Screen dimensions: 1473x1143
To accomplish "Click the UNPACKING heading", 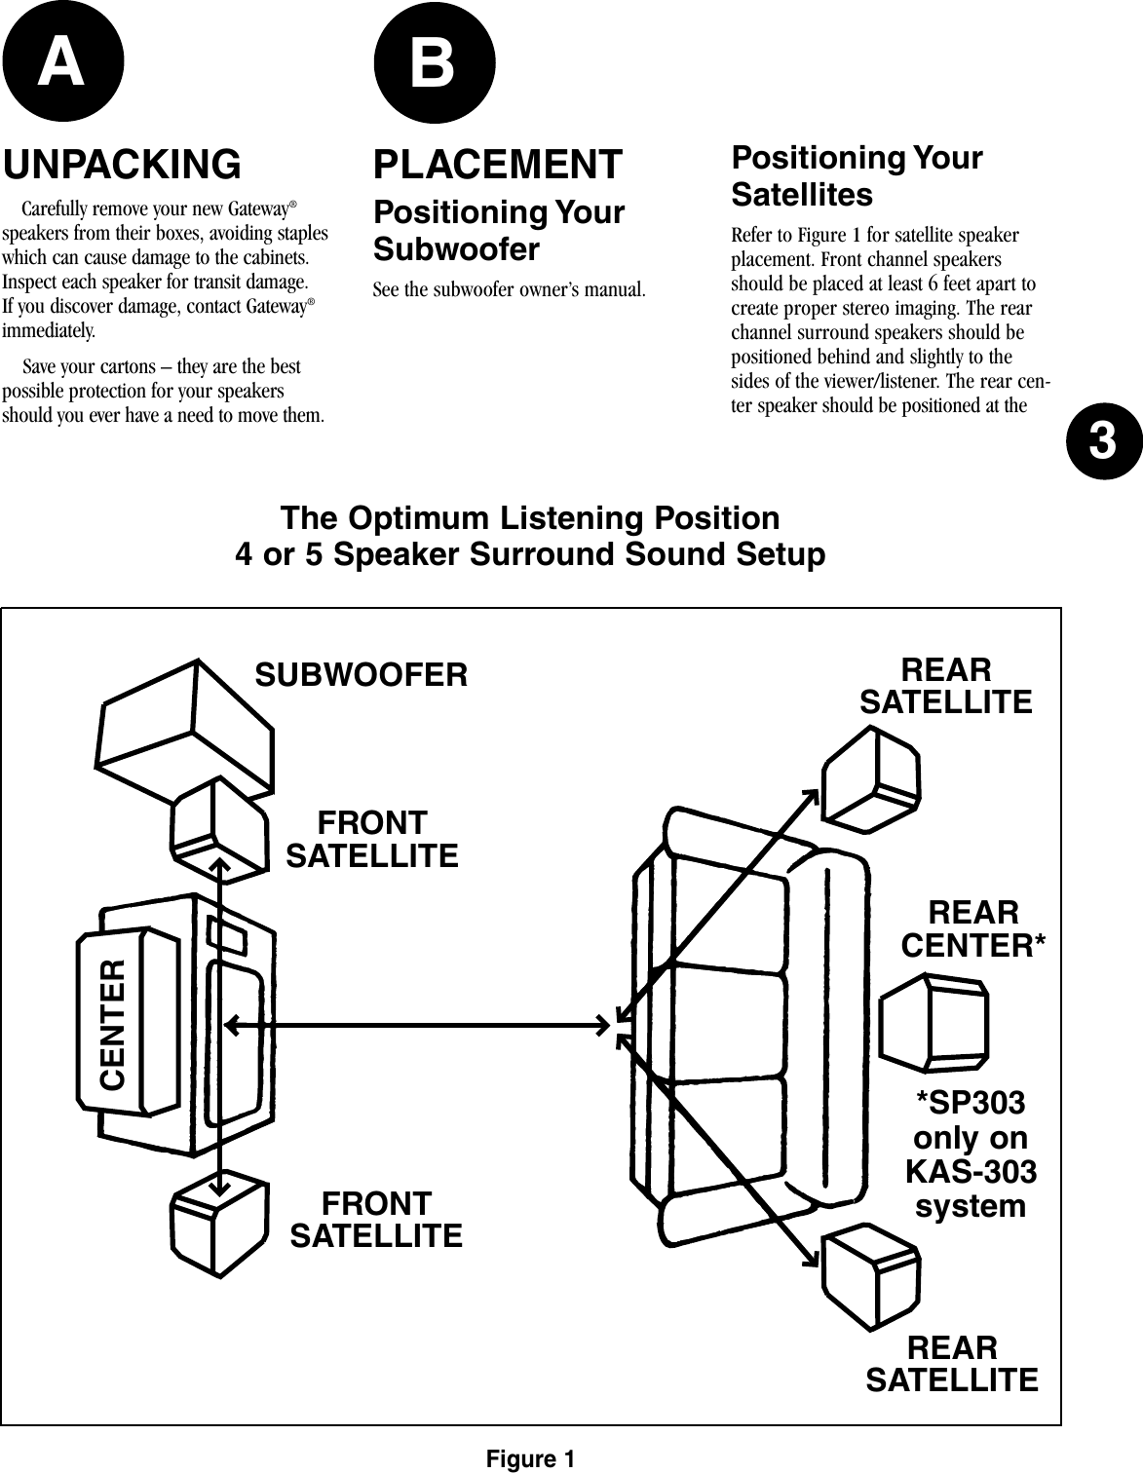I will [123, 165].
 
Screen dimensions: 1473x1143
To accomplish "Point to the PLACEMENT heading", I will [497, 165].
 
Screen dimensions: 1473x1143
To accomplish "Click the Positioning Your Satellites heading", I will [857, 176].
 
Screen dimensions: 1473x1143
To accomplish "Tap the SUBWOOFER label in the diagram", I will [361, 674].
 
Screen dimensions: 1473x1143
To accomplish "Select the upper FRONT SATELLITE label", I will [371, 840].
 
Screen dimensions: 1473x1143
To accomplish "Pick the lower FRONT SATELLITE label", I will [377, 1220].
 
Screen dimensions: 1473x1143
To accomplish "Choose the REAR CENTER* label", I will [973, 929].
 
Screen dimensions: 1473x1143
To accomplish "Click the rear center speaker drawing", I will [933, 1022].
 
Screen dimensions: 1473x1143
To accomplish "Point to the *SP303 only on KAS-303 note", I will [971, 1154].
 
